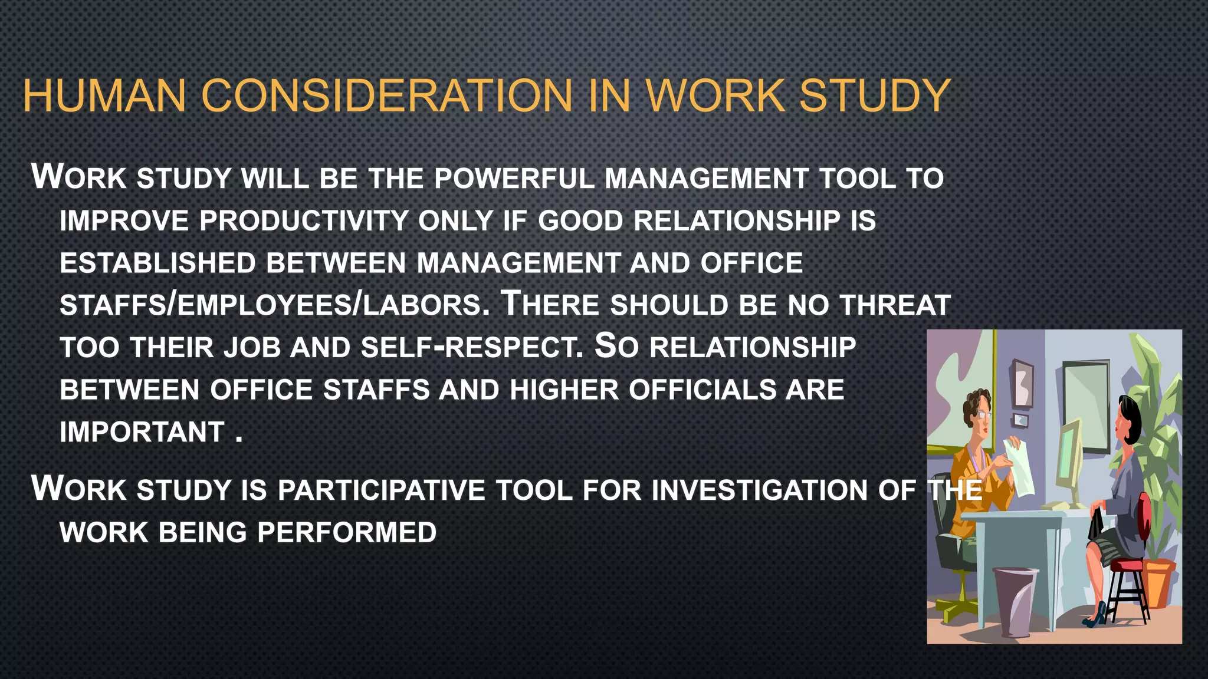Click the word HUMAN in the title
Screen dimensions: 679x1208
point(104,95)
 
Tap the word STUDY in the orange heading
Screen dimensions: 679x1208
point(874,95)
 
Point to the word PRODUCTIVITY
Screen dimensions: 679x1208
point(304,221)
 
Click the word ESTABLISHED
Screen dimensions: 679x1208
point(157,263)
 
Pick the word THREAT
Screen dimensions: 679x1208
point(895,305)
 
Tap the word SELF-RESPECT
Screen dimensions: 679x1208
point(472,347)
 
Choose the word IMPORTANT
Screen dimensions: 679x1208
point(142,432)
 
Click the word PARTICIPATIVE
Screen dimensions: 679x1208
point(381,490)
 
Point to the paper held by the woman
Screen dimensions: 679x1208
point(1019,466)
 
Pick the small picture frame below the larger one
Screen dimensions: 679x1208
point(1020,420)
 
